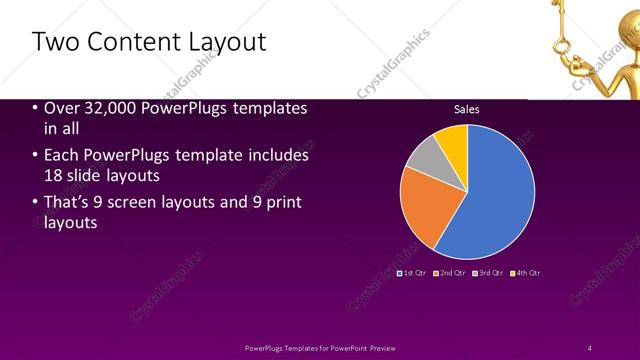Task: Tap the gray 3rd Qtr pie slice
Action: click(424, 155)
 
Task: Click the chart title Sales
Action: click(467, 109)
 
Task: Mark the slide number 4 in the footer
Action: click(590, 347)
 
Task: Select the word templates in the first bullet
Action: click(265, 108)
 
